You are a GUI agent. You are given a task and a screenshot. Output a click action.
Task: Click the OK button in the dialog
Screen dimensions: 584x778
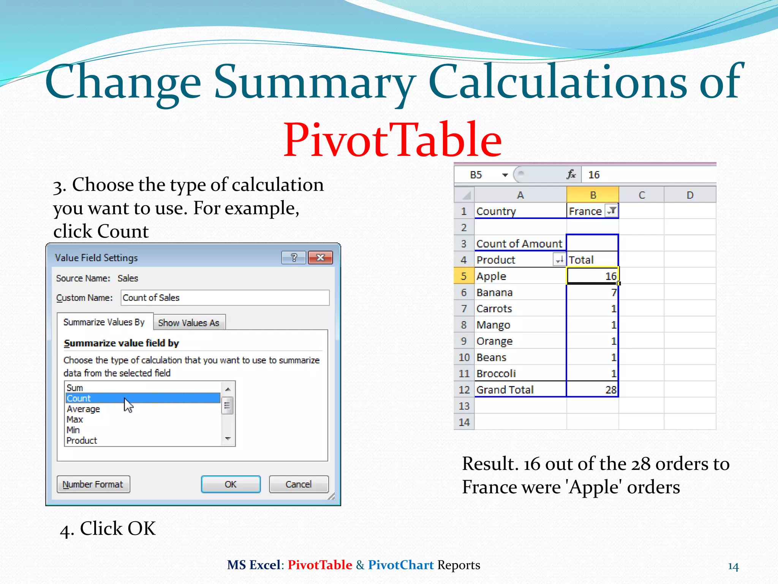coord(231,484)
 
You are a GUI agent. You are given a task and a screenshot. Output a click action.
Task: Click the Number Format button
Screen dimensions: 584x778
coord(93,484)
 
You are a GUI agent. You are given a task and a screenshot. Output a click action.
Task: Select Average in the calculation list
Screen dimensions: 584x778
coord(83,409)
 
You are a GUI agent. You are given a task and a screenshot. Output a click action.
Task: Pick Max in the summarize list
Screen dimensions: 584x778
coord(74,419)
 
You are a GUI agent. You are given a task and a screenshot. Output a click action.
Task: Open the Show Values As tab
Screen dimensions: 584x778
coord(189,323)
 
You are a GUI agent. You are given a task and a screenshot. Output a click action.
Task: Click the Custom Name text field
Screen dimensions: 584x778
coord(225,298)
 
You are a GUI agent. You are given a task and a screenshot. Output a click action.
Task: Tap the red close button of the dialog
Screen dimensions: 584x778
coord(320,258)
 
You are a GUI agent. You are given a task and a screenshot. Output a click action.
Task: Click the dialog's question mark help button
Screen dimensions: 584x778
coord(294,258)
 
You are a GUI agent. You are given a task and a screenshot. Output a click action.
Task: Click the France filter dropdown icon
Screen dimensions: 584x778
coord(612,211)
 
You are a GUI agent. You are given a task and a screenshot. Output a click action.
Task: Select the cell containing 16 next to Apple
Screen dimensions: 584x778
coord(592,276)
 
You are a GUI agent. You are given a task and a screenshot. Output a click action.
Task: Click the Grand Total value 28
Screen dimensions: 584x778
coord(592,390)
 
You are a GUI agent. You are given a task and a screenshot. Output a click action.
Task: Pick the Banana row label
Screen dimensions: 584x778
coord(494,292)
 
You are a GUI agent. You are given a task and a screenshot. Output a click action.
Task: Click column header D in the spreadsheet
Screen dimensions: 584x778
coord(690,195)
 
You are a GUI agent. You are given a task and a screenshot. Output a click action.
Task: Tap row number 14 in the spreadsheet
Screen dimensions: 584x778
coord(464,422)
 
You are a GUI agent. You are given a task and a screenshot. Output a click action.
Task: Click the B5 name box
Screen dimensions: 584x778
coord(476,175)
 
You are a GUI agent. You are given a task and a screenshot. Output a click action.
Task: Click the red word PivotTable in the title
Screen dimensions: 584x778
coord(392,140)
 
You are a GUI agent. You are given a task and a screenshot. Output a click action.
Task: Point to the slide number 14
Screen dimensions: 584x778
coord(733,567)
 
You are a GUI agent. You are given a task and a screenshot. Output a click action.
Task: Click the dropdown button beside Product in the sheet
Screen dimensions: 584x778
coord(559,260)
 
